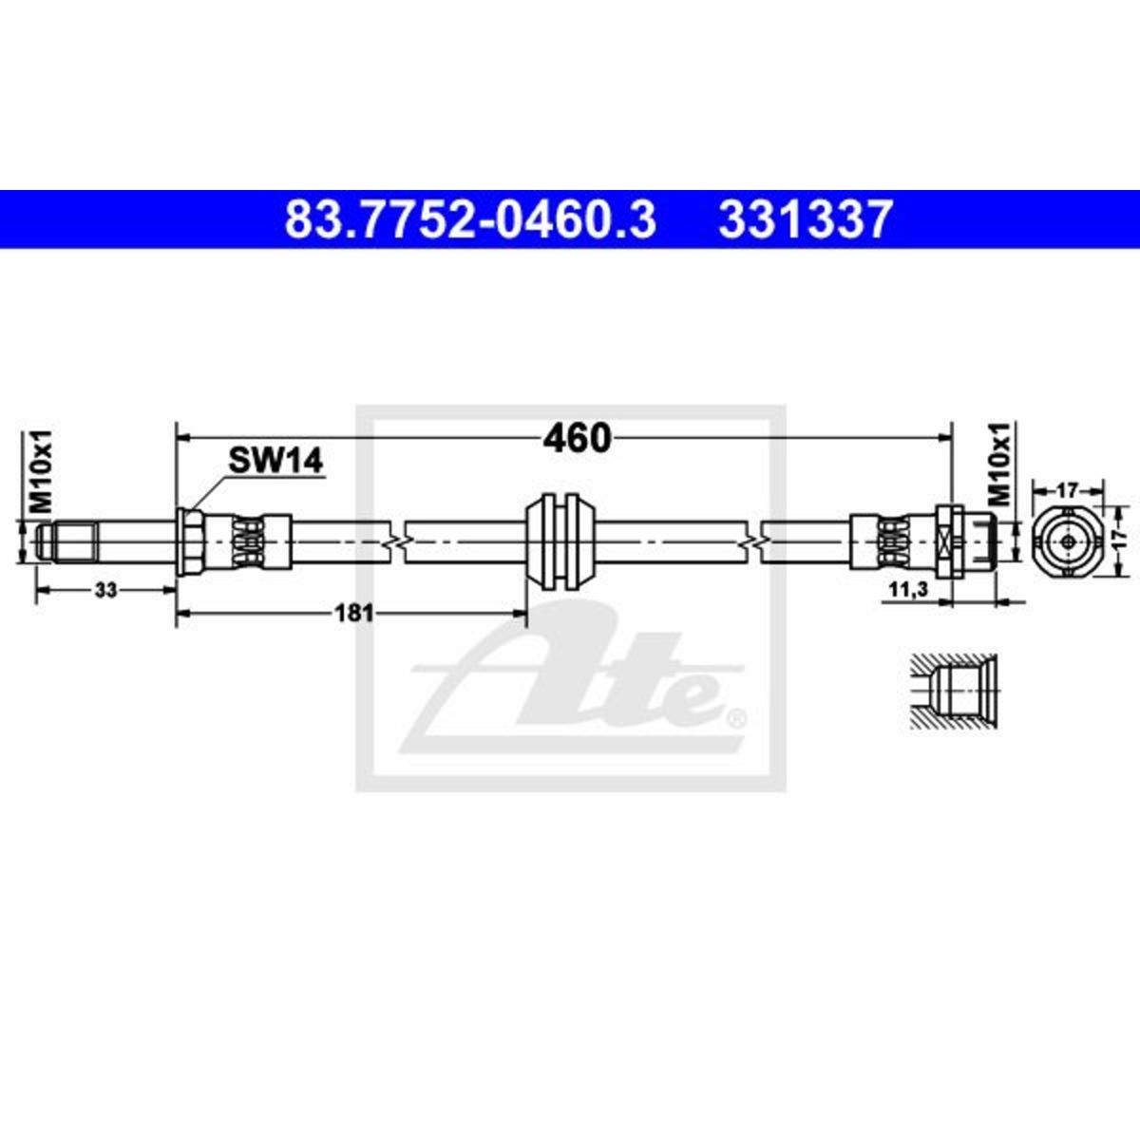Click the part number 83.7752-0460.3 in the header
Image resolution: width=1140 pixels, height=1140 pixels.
coord(470,219)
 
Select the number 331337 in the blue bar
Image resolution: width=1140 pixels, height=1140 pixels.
coord(805,219)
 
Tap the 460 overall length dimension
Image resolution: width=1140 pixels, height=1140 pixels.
coord(577,438)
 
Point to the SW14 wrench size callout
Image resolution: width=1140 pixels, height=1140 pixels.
coord(275,460)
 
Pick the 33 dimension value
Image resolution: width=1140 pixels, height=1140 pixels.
coord(106,590)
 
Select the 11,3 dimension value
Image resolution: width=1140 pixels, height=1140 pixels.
coord(908,589)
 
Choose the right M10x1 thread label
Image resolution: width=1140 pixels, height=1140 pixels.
coord(1001,464)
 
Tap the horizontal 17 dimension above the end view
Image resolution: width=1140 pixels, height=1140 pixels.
coord(1068,490)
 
